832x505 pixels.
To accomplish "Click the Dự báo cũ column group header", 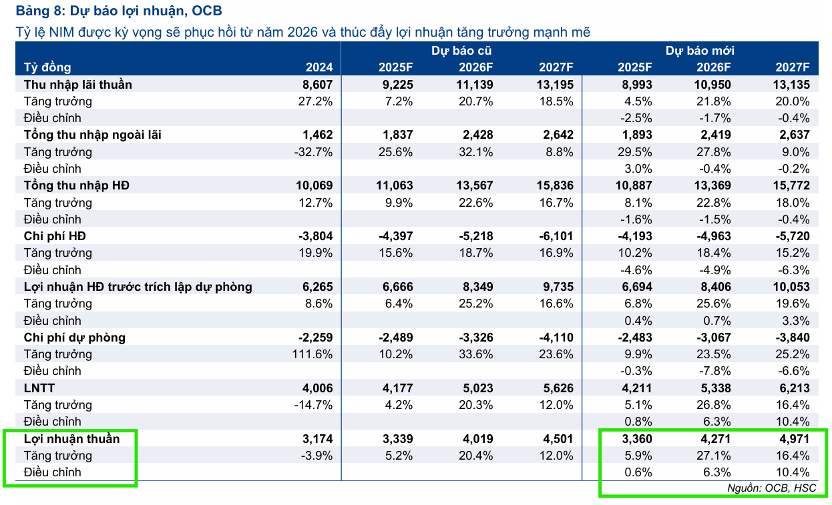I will click(x=461, y=51).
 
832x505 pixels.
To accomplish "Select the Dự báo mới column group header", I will click(x=700, y=51).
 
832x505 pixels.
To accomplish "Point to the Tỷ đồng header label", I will click(x=47, y=67).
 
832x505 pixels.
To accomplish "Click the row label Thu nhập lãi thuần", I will click(x=77, y=85).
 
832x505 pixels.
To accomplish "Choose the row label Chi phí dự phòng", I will click(x=74, y=338).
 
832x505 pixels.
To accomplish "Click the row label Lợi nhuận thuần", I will click(x=71, y=438).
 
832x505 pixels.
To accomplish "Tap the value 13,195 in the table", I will click(x=554, y=85).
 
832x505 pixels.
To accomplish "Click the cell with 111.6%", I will click(x=313, y=354).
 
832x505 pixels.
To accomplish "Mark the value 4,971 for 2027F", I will click(x=793, y=438).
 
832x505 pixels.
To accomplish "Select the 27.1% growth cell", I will click(x=714, y=456).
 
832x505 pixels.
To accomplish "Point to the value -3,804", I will click(x=315, y=236).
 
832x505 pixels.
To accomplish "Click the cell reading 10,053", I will click(x=791, y=287).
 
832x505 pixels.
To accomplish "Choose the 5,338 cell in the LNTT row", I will click(x=714, y=388).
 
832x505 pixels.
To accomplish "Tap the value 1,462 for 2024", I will click(x=317, y=135).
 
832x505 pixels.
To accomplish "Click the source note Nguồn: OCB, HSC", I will click(x=771, y=488).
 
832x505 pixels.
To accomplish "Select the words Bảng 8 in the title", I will click(x=37, y=11).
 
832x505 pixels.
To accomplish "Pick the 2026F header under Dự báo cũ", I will click(x=475, y=67).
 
